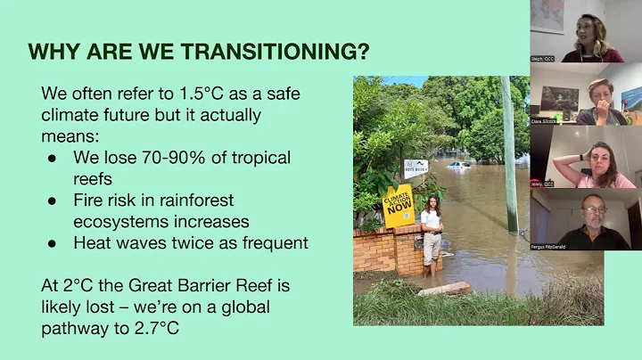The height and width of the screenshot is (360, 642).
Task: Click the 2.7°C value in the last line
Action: click(146, 328)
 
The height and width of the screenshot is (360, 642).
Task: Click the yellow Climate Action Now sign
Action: click(399, 206)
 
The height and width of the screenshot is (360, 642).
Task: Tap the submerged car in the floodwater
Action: click(459, 166)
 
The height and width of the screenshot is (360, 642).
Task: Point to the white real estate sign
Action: click(416, 168)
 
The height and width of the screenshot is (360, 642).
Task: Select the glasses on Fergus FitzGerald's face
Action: click(593, 210)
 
